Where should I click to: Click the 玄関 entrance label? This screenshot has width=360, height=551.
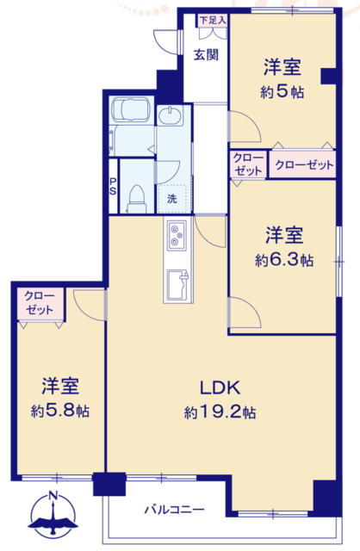pyautogui.click(x=207, y=55)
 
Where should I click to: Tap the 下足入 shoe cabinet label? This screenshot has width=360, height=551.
pyautogui.click(x=213, y=20)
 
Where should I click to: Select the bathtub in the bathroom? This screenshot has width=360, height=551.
pyautogui.click(x=130, y=109)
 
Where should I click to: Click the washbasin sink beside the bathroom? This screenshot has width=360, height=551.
pyautogui.click(x=170, y=115)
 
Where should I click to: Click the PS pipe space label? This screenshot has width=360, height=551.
pyautogui.click(x=113, y=187)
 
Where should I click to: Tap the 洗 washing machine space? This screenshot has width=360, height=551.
pyautogui.click(x=172, y=199)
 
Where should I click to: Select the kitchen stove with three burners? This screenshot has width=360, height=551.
pyautogui.click(x=177, y=236)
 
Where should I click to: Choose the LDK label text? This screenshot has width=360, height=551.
pyautogui.click(x=220, y=387)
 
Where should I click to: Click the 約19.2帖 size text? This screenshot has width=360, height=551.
pyautogui.click(x=220, y=412)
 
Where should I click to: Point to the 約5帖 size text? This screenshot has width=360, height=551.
pyautogui.click(x=282, y=92)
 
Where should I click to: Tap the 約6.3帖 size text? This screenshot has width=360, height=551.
pyautogui.click(x=284, y=260)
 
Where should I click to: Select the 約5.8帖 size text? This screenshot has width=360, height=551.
pyautogui.click(x=60, y=411)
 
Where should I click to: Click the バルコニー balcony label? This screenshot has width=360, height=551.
pyautogui.click(x=175, y=509)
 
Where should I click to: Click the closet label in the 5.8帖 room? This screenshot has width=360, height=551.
pyautogui.click(x=40, y=303)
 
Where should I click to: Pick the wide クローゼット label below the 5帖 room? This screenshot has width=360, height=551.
pyautogui.click(x=304, y=164)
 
